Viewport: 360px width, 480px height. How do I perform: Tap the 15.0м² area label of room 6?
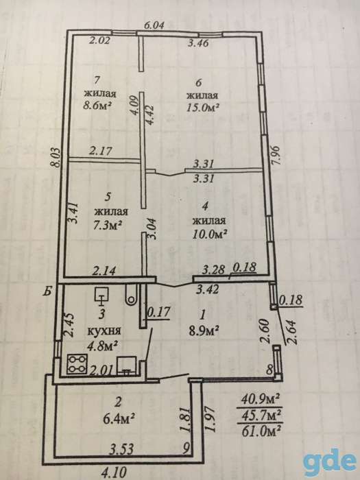203,108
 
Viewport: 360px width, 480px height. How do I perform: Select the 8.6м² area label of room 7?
97,106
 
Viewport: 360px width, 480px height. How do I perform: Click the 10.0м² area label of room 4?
210,235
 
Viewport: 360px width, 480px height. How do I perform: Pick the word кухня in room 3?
104,331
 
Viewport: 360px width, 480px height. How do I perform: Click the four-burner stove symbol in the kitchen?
77,363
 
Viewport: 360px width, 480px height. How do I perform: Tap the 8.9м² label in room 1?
204,331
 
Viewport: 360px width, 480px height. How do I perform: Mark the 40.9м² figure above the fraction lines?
261,400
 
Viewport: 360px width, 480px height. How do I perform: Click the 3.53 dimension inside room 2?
122,450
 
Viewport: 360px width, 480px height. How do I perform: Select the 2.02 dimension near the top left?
99,40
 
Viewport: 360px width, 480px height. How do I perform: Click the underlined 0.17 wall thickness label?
159,313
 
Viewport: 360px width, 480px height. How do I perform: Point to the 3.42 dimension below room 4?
208,289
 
